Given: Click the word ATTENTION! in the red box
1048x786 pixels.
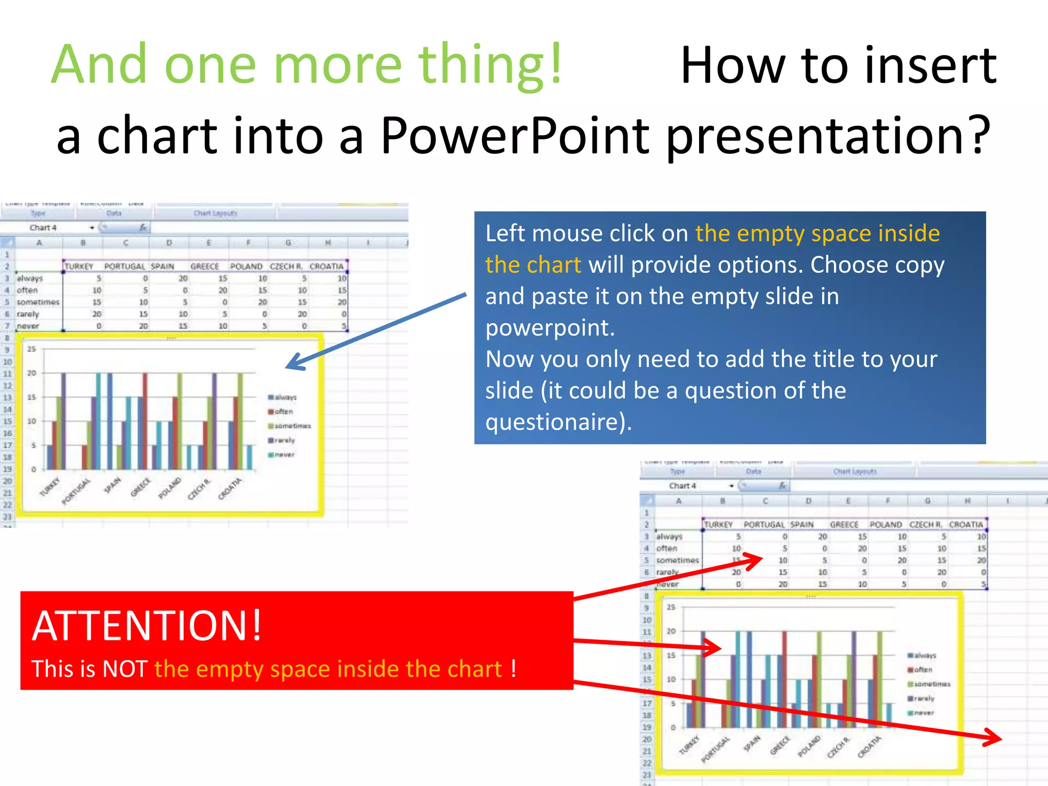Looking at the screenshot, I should (x=147, y=625).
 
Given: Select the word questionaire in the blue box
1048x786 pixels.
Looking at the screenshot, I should (x=555, y=422).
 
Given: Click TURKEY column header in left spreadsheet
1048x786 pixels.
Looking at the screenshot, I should (x=79, y=267).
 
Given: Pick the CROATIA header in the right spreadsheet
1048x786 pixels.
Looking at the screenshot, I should (x=966, y=525).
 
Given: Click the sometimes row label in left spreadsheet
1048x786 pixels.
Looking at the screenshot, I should (x=38, y=302).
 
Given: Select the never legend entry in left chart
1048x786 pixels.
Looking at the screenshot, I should (x=284, y=454).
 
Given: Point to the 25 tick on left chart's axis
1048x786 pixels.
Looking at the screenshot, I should (x=32, y=349).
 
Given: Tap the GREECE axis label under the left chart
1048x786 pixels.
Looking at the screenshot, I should (x=141, y=487).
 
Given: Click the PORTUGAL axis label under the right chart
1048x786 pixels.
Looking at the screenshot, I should (x=715, y=750).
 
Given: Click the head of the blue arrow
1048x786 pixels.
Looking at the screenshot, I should (x=290, y=366).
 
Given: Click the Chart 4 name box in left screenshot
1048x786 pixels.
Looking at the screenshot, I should (x=43, y=228).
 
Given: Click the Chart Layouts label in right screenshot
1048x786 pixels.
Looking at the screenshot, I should (x=855, y=471).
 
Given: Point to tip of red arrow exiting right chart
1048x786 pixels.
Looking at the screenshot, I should (x=1000, y=738).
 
